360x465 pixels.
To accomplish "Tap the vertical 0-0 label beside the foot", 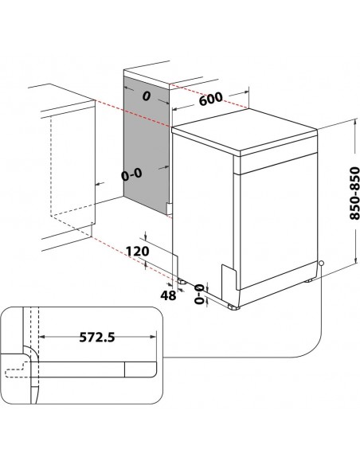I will [198, 292].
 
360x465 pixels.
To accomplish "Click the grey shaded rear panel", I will [147, 143].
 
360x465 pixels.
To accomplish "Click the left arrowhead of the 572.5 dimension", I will [41, 337].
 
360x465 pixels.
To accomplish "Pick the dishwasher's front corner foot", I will [233, 305].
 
